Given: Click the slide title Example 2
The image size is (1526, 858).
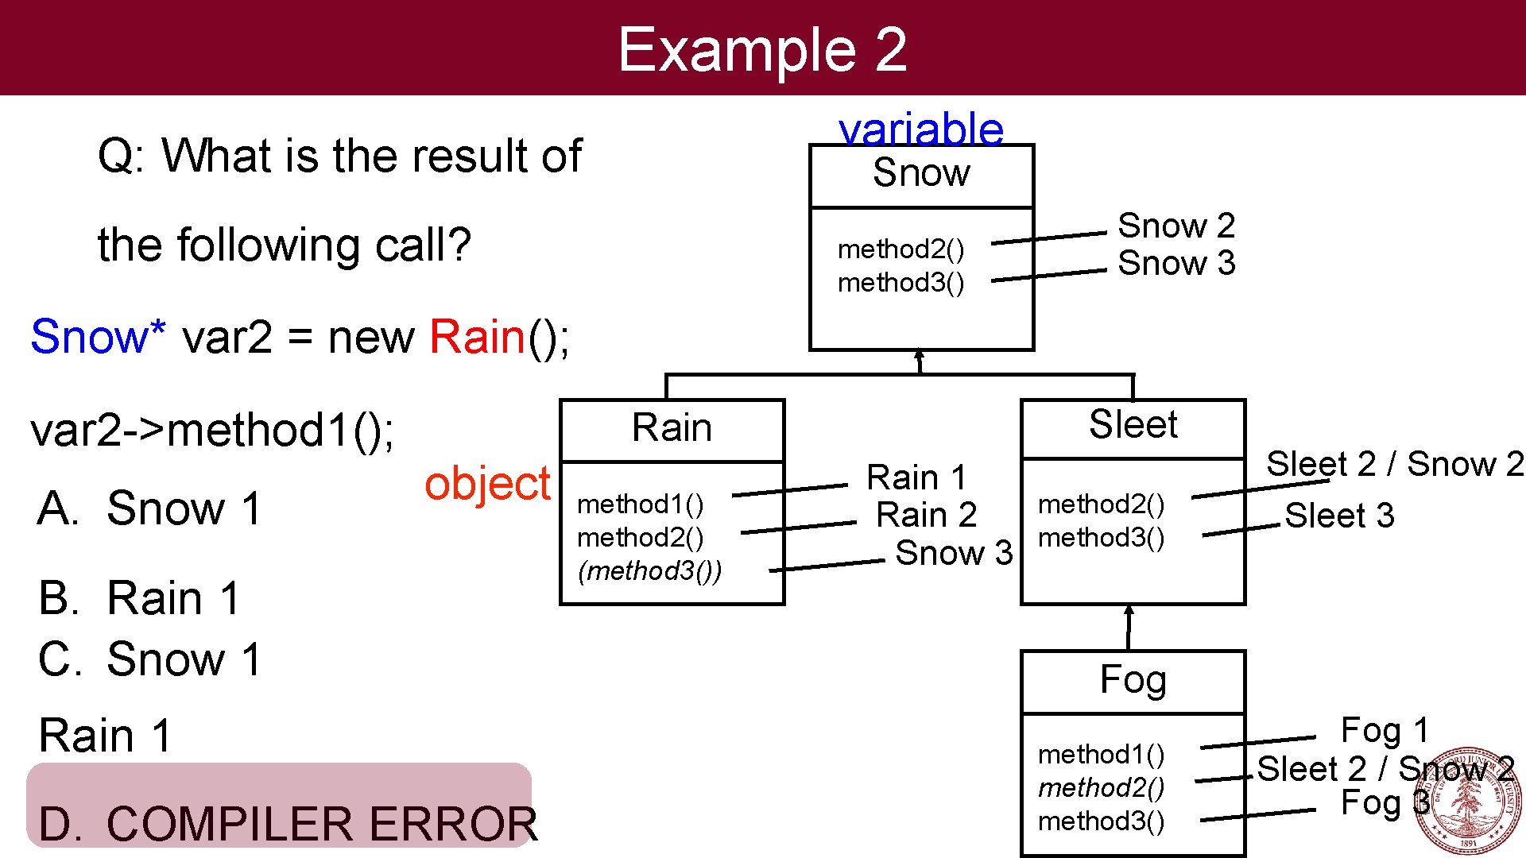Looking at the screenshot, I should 762,49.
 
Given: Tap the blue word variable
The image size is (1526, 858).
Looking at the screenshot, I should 921,129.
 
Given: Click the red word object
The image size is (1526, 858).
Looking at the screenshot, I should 487,483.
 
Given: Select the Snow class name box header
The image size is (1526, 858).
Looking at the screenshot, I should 921,174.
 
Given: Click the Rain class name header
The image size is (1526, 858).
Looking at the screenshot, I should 672,428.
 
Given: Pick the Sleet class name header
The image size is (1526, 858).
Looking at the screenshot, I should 1133,425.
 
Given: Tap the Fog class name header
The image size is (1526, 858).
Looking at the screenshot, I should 1133,680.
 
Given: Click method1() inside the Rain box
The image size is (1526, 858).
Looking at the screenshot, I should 641,504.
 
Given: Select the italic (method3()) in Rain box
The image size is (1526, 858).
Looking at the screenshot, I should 649,570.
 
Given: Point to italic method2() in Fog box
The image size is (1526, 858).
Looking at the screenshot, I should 1101,787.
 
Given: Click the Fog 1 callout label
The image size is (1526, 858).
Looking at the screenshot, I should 1384,730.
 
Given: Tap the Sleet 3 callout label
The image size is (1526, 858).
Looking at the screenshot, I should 1339,516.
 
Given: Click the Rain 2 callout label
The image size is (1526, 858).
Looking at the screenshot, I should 926,515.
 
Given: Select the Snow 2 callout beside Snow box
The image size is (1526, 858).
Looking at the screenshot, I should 1175,226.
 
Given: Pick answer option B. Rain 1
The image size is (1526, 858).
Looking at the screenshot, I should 139,597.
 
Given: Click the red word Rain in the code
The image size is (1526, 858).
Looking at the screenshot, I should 477,337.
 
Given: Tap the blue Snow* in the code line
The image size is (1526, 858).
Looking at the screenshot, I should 98,337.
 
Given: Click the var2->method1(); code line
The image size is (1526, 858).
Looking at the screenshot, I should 212,431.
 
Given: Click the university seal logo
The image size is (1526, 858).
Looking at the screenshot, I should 1467,801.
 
